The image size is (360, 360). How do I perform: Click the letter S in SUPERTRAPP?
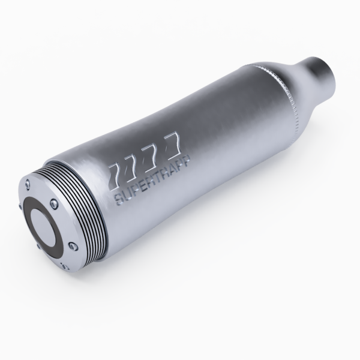point(119,199)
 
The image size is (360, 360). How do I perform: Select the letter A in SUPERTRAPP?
point(173,172)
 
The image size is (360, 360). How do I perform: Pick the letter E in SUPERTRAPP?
point(143,187)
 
